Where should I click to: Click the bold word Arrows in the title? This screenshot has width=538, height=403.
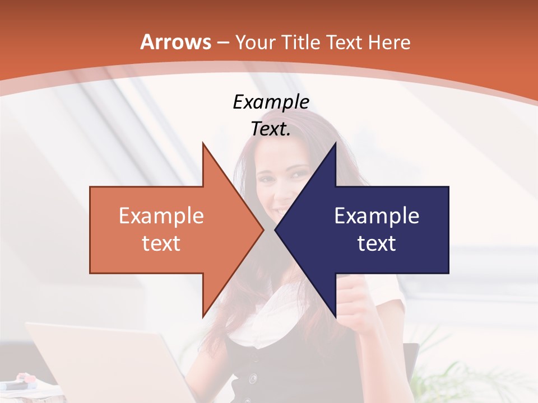[x=176, y=42]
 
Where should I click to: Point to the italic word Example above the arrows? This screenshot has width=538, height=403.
[x=271, y=102]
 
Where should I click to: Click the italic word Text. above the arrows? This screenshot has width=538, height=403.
[x=271, y=129]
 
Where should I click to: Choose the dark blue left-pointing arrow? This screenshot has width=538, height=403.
[x=381, y=229]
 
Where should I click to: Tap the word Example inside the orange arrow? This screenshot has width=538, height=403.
[x=161, y=215]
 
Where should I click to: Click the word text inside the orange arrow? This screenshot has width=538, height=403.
[x=161, y=243]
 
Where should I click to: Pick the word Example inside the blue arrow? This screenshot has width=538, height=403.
[x=377, y=215]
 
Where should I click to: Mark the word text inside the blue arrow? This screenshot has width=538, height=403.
[x=377, y=243]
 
